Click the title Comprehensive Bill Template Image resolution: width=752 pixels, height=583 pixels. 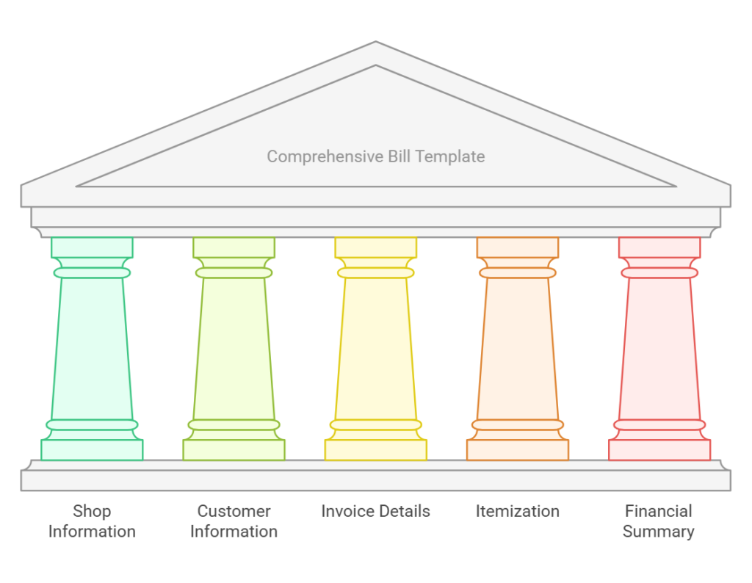(375, 156)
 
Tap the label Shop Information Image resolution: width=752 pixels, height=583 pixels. (92, 521)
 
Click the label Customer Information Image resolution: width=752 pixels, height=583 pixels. (234, 521)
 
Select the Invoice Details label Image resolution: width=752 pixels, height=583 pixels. (375, 511)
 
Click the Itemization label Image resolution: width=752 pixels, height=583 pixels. (517, 511)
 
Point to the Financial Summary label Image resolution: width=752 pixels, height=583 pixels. (659, 521)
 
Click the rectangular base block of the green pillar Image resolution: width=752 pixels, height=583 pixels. (92, 450)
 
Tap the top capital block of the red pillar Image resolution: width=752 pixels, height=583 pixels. (659, 247)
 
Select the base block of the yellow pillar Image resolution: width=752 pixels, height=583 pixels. (375, 450)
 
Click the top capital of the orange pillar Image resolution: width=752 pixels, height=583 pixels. (517, 247)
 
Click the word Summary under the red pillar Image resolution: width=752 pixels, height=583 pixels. (659, 532)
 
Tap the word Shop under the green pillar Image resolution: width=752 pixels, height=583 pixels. (92, 511)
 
